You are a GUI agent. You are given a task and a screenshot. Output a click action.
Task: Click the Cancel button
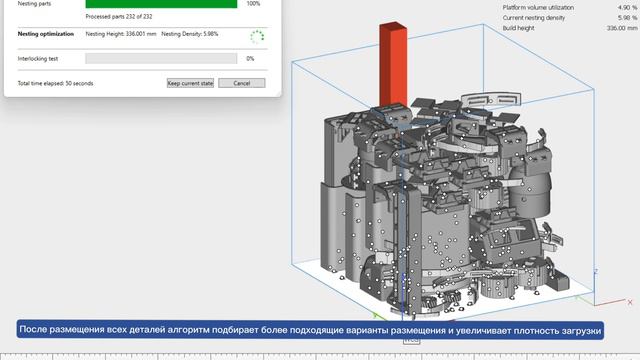click(242, 83)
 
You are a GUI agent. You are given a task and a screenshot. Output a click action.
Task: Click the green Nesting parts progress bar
click(161, 4)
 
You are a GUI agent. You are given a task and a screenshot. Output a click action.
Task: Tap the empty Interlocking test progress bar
click(161, 58)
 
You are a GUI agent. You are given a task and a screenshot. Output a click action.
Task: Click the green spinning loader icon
click(257, 37)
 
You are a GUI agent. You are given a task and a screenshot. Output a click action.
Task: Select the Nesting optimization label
click(46, 34)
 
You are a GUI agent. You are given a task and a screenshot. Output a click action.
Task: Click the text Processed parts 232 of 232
click(119, 17)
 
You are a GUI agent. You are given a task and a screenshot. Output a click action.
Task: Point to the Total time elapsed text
click(55, 83)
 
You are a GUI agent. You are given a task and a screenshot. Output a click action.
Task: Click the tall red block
click(393, 64)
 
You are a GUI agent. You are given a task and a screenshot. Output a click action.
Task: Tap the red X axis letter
click(630, 302)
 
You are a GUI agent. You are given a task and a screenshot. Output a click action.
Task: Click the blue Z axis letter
click(596, 271)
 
